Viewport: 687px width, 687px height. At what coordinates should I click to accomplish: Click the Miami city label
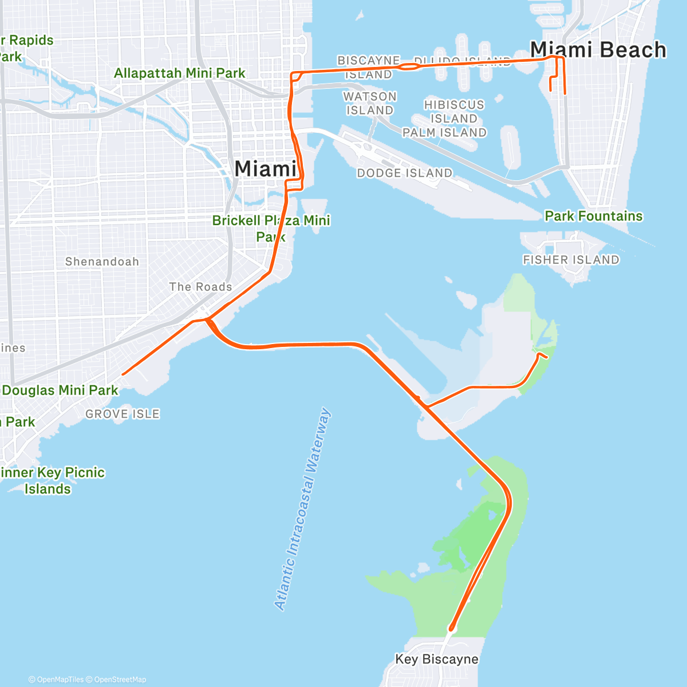click(266, 169)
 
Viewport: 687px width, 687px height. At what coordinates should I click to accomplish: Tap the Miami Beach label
click(598, 50)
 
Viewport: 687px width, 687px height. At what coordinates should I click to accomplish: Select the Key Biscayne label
click(437, 659)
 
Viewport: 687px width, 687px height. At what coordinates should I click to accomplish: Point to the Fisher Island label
click(571, 260)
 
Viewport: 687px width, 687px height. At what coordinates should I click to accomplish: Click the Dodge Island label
click(405, 173)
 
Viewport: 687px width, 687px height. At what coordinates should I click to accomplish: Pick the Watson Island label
click(370, 103)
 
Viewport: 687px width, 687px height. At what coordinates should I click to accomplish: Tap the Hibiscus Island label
click(454, 112)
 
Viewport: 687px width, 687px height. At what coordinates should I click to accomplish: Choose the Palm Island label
click(444, 133)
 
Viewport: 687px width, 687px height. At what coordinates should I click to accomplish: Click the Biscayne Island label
click(369, 67)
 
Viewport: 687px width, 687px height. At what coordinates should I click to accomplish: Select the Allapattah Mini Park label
click(179, 73)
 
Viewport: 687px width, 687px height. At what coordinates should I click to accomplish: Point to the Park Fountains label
click(594, 216)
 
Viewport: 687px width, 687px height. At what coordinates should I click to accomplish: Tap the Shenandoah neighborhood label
click(102, 262)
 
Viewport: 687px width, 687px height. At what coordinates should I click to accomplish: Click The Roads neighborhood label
click(200, 287)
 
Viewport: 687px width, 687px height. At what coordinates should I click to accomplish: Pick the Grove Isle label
click(123, 414)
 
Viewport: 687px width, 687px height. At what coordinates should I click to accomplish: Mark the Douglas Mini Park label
click(60, 390)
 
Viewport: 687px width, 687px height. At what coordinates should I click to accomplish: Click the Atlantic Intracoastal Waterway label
click(303, 509)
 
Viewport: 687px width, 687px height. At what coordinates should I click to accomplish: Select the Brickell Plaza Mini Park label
click(271, 228)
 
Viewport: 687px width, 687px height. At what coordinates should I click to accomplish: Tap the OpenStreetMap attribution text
click(120, 680)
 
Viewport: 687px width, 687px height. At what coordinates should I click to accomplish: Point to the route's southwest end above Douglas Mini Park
click(123, 374)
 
